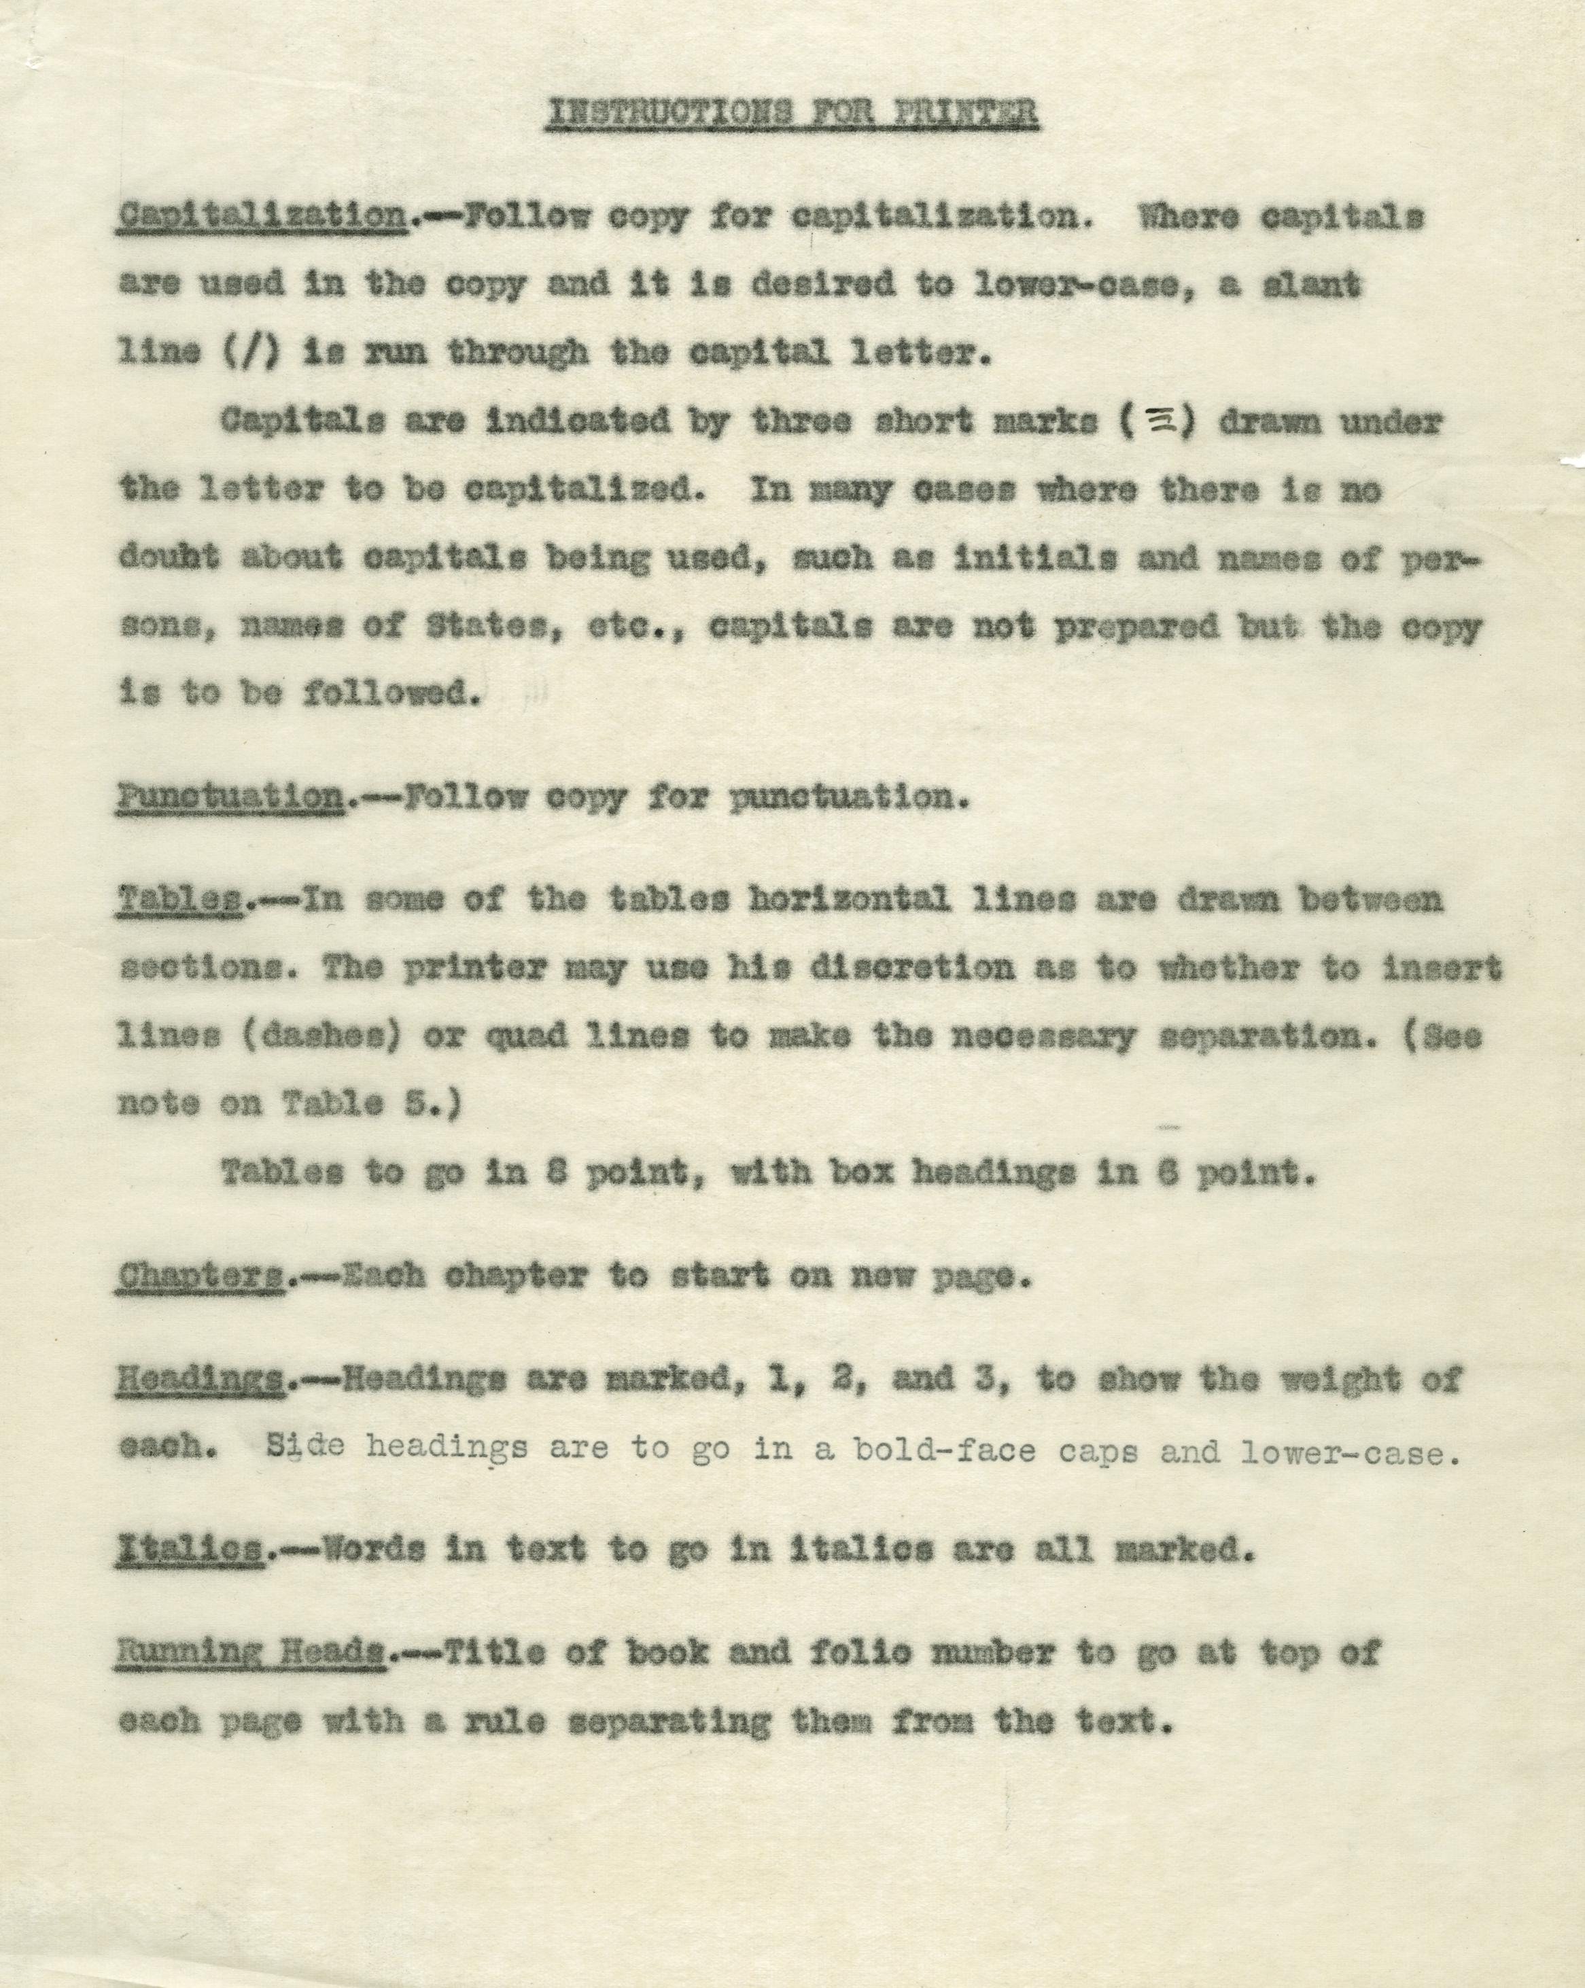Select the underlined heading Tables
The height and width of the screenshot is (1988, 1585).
(181, 900)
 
